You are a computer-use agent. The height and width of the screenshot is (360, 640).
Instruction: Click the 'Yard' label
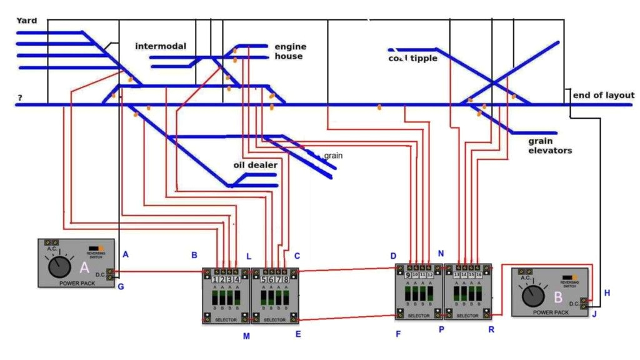point(27,21)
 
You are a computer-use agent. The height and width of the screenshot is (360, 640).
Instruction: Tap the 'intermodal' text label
point(161,46)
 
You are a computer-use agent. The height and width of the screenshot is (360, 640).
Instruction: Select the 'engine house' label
point(289,51)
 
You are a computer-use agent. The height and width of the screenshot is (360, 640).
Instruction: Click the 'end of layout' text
point(604,95)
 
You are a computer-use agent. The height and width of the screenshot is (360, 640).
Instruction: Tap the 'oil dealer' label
point(255,165)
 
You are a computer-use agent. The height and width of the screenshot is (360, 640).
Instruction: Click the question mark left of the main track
point(20,98)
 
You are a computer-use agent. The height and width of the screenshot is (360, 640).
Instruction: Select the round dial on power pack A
point(59,267)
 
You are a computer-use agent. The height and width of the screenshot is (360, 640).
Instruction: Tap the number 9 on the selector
point(408,275)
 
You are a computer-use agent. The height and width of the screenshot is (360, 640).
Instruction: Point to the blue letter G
point(121,287)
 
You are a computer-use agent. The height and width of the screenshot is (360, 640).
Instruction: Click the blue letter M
point(246,336)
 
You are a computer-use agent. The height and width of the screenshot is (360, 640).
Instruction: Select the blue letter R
point(491,329)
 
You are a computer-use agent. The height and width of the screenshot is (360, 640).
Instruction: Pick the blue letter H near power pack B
point(607,292)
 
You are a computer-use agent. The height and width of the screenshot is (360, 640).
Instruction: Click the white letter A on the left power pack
point(84,268)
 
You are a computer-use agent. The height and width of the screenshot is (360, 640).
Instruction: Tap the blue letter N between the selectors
point(441,254)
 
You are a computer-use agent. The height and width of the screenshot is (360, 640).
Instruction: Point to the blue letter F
point(397,334)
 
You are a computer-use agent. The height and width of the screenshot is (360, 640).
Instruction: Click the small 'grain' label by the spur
point(333,155)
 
